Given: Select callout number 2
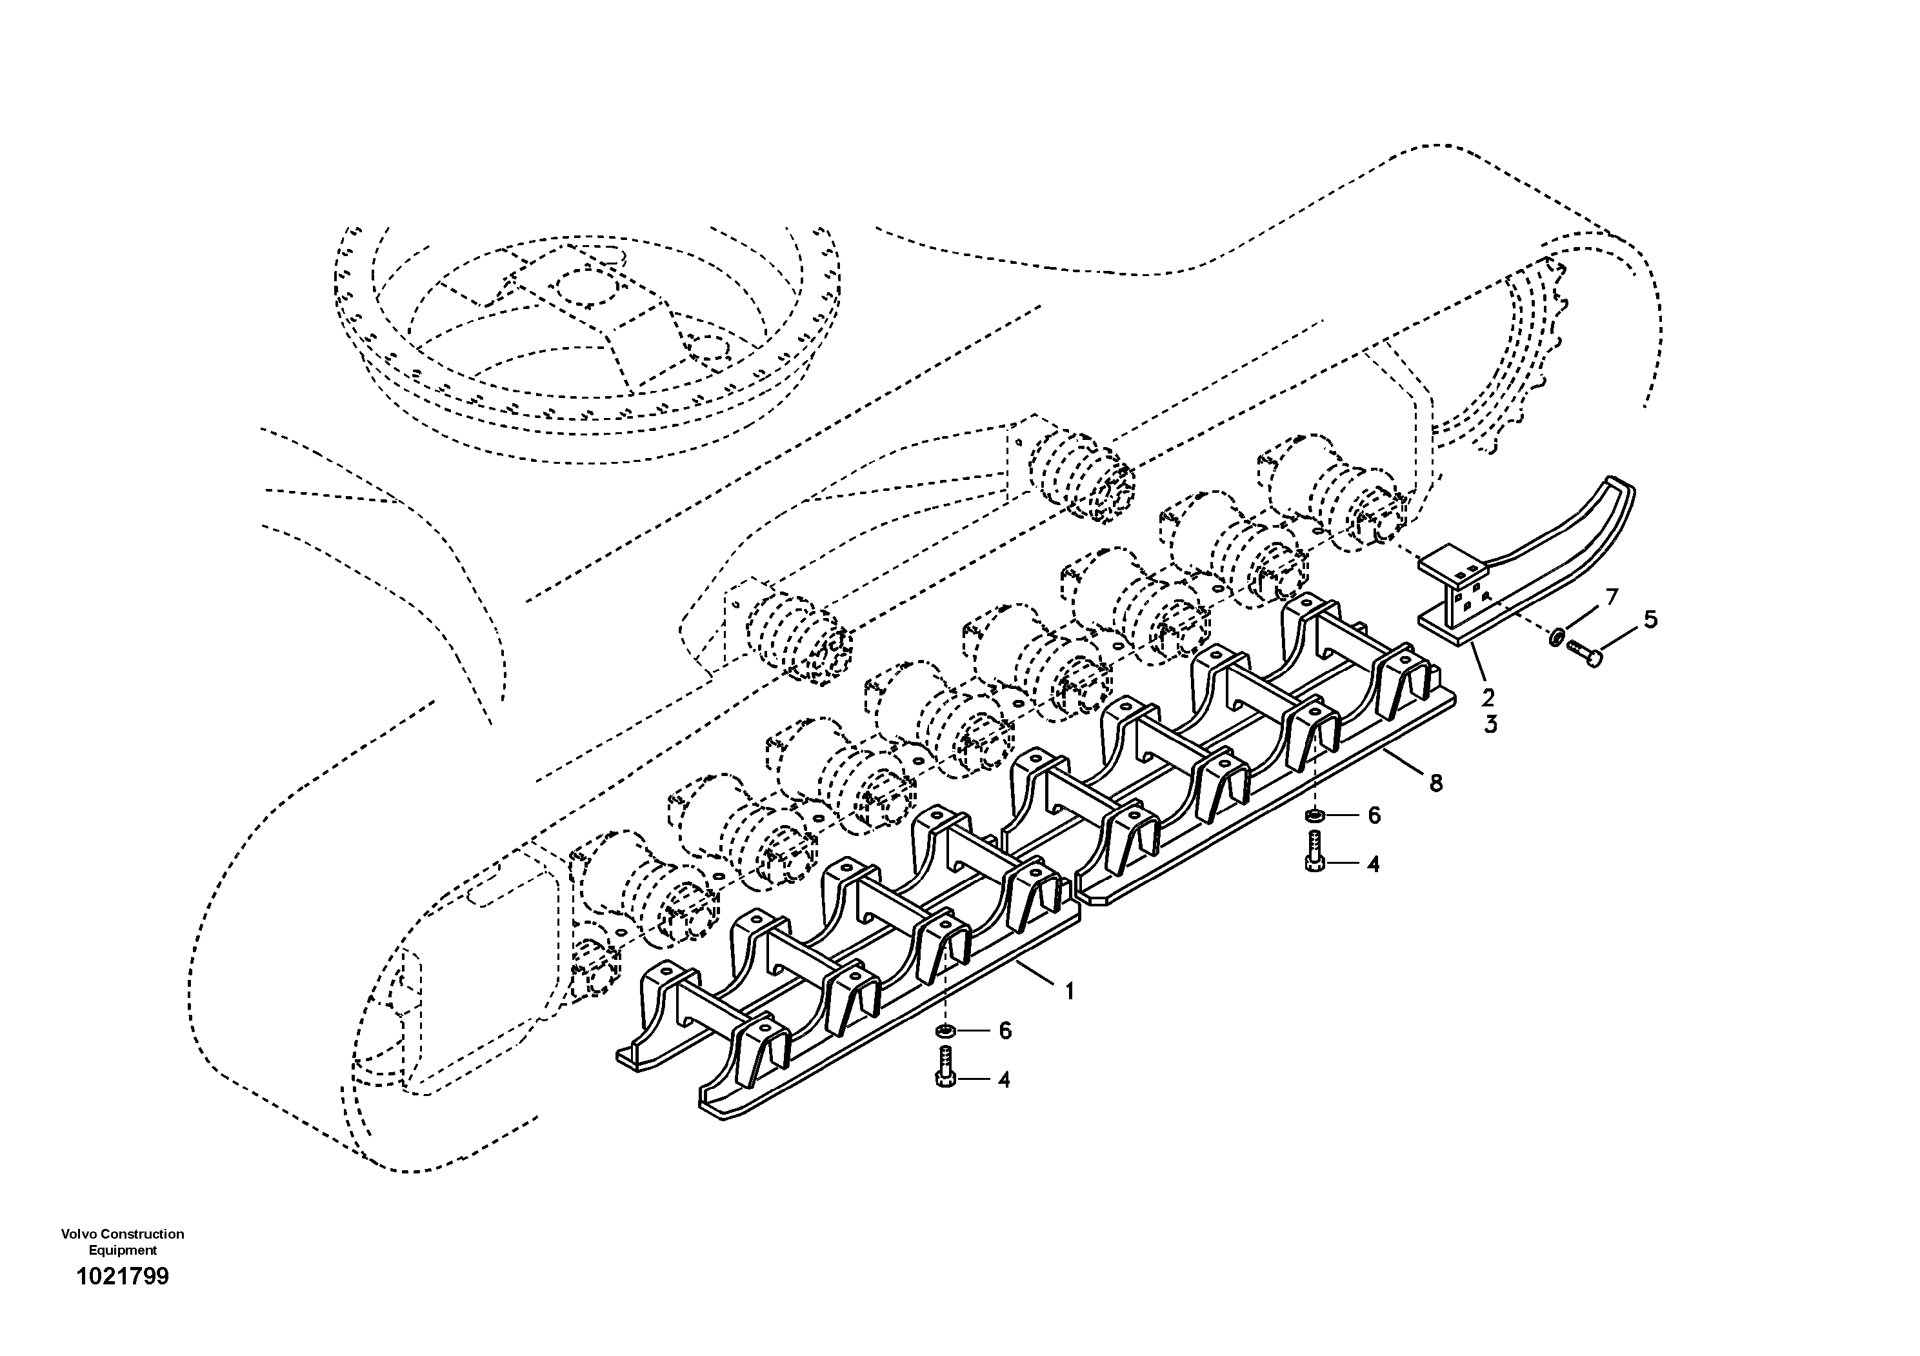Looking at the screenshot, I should coord(1488,697).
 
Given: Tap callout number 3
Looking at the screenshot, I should coord(1490,724).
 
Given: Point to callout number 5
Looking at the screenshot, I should coord(1650,619).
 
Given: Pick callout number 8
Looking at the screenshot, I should coord(1436,783).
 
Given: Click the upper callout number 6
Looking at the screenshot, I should coord(1374,815).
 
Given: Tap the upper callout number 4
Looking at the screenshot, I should coord(1372,864).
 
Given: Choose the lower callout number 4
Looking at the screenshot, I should coord(1003,1080).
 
